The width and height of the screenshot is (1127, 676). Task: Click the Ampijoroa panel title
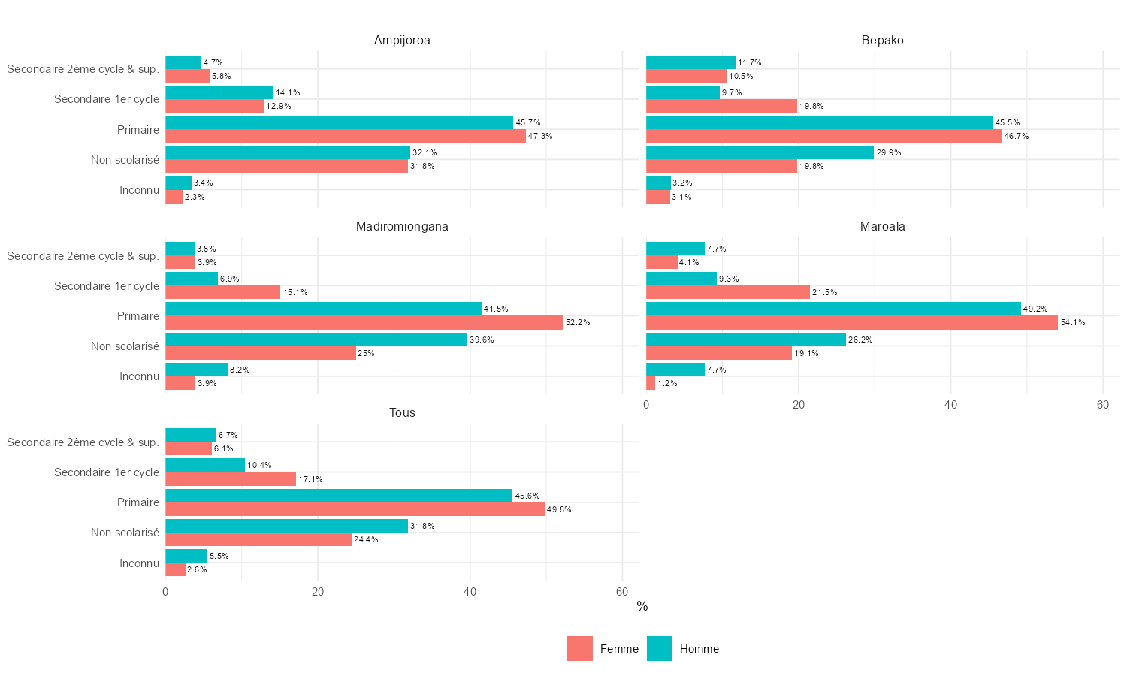(x=402, y=41)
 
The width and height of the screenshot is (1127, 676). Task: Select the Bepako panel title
(x=882, y=41)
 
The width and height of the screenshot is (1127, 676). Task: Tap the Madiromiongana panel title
(x=402, y=227)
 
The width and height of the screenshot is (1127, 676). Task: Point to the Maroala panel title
(x=882, y=227)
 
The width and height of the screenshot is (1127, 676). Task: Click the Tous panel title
(x=402, y=413)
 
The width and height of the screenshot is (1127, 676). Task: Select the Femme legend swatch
(x=579, y=649)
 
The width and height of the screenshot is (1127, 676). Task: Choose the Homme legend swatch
(x=659, y=649)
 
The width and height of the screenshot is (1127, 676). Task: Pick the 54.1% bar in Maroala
(x=851, y=323)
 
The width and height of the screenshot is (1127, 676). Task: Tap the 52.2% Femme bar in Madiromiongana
(x=364, y=323)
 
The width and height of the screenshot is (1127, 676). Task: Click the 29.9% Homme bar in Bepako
(x=760, y=152)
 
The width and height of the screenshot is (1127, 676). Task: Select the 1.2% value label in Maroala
(x=667, y=384)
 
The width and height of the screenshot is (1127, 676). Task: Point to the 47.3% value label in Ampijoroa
(x=540, y=137)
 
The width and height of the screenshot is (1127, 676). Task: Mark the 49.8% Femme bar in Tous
(x=355, y=509)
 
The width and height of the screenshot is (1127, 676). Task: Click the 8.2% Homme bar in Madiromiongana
(x=196, y=370)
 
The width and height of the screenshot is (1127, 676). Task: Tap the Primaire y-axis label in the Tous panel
(x=138, y=502)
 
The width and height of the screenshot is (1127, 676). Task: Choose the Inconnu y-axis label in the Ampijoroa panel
(x=139, y=190)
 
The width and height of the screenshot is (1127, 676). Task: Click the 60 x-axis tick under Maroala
(x=1102, y=405)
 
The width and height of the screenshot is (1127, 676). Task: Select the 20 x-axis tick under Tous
(x=318, y=592)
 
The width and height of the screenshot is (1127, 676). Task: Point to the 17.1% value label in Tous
(x=310, y=479)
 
